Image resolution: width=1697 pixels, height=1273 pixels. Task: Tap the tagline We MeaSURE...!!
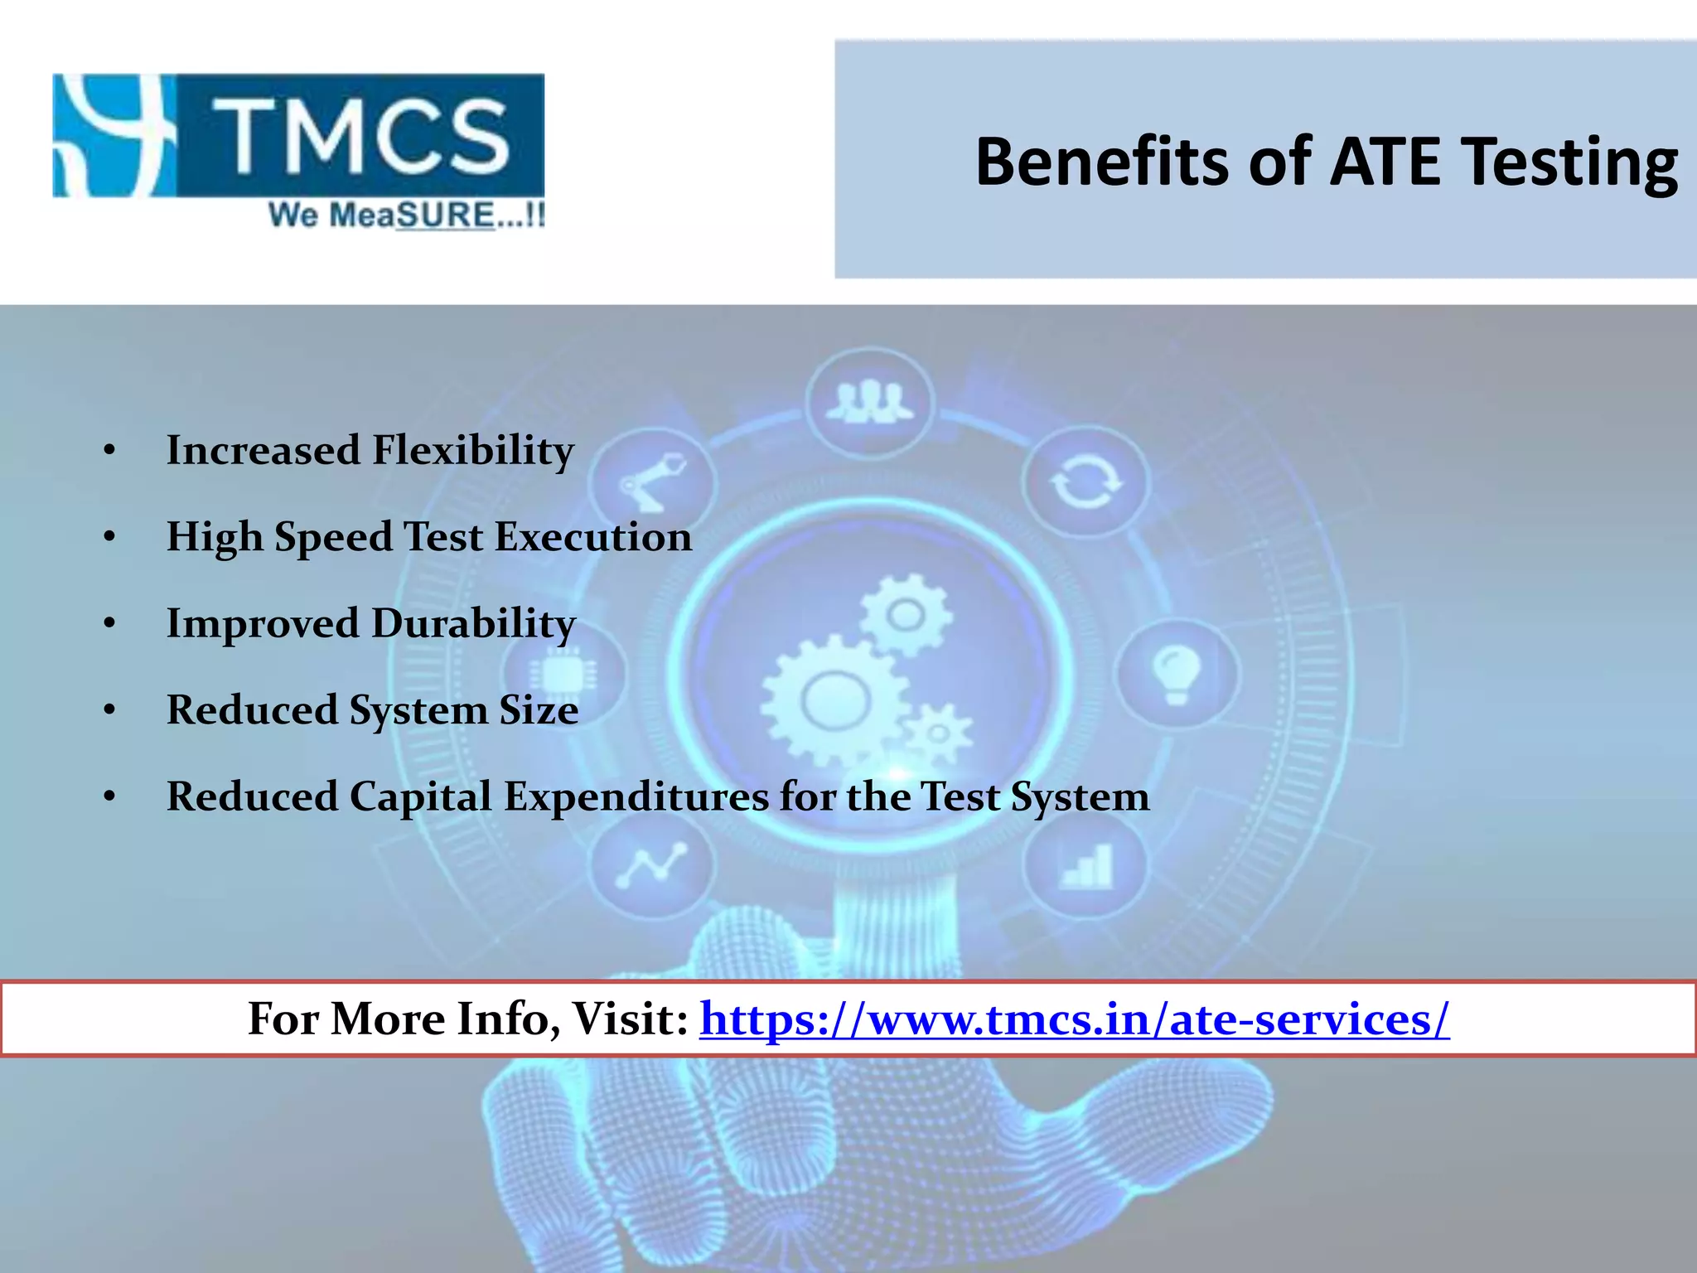[x=406, y=215]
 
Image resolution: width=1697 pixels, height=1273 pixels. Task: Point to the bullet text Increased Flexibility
[x=370, y=451]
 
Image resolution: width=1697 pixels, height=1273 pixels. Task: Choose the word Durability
[x=473, y=624]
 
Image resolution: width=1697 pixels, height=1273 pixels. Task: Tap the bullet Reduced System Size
[x=372, y=710]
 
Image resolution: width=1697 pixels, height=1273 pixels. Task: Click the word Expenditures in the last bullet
[x=636, y=796]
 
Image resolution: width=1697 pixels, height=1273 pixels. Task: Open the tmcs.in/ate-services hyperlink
[x=1075, y=1019]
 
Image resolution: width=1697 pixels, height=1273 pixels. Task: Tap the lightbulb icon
[x=1177, y=673]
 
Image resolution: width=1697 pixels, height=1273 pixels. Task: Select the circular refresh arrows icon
[x=1085, y=483]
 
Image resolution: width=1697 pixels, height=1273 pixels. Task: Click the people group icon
[x=870, y=403]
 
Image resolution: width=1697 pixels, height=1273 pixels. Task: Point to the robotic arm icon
[x=652, y=483]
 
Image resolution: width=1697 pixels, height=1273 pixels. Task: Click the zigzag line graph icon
[x=652, y=864]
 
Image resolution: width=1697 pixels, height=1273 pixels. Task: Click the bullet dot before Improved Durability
[x=109, y=624]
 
